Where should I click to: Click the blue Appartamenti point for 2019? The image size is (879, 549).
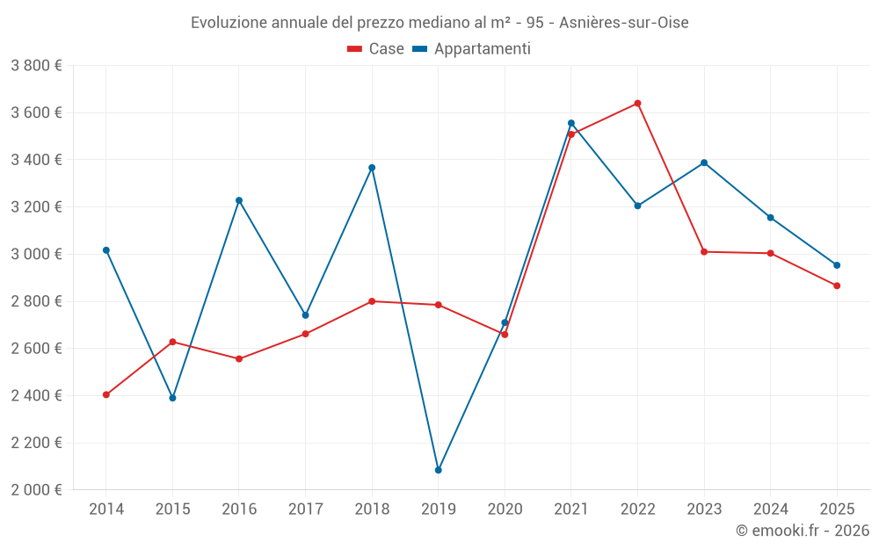pos(438,470)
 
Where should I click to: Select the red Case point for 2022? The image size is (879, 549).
pos(637,104)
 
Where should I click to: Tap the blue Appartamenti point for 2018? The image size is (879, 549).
pos(372,168)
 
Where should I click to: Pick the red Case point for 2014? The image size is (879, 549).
pos(106,394)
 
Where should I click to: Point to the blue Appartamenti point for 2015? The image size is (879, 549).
pos(172,398)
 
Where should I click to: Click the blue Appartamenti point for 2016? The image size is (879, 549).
pos(239,200)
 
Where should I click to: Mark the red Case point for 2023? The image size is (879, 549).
pos(704,252)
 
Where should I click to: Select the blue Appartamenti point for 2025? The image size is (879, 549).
pos(837,265)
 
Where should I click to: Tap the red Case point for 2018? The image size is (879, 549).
pos(372,301)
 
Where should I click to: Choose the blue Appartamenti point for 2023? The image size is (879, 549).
pos(704,163)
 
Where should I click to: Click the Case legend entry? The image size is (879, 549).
pos(376,49)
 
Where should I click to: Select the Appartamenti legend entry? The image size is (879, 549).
pos(472,49)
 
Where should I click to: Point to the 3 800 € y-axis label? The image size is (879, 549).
pos(36,66)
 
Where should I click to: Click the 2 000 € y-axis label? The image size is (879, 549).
pos(36,490)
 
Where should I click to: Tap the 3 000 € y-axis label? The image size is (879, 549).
pos(36,255)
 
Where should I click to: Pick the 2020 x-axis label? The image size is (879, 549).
pos(505,509)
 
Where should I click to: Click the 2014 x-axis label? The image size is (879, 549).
pos(106,509)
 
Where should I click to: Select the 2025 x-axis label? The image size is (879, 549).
pos(837,509)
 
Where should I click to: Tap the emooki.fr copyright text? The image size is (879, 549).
pos(802,531)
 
